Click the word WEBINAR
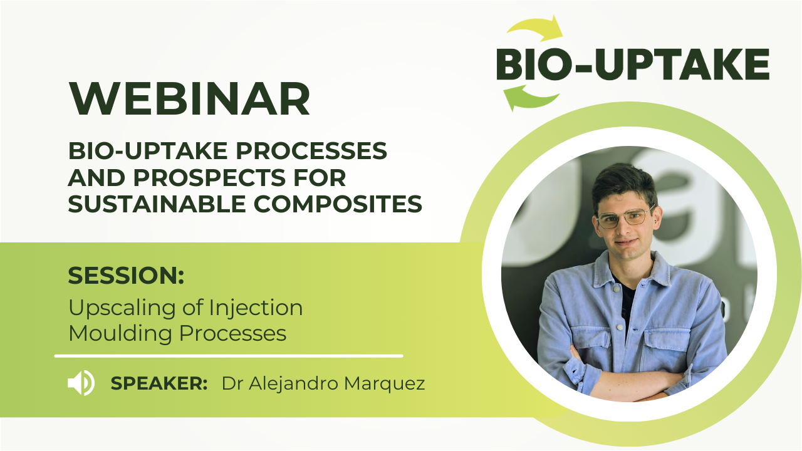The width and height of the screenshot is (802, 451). pos(190,98)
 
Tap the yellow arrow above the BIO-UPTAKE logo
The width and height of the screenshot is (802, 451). pos(535,28)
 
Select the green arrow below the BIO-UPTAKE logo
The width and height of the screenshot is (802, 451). pos(530,98)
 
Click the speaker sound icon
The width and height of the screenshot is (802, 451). pos(81,383)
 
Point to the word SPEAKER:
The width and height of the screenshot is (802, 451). pos(159,383)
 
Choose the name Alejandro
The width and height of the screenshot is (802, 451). pos(294,384)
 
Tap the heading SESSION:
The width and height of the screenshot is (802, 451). pos(126,275)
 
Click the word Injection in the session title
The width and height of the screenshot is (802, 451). pos(256,308)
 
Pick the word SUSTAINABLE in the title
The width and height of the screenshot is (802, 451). pos(157,204)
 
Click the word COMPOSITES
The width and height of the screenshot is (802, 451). pos(338,204)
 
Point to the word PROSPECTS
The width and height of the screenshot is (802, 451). pos(209,177)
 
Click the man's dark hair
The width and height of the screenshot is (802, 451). pos(625,184)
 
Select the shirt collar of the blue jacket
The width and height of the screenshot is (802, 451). pos(632,269)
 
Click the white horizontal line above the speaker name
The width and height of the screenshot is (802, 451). pos(229,356)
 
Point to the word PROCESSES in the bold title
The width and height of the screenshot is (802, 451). pos(311,151)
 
